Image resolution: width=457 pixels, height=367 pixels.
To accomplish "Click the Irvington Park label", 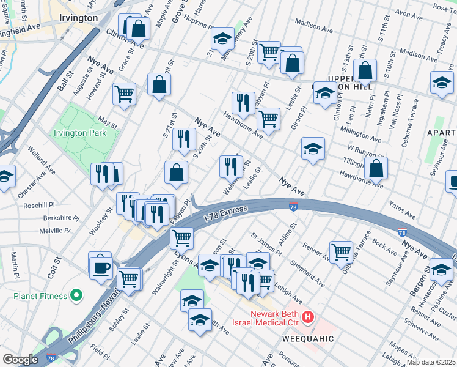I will [79, 133].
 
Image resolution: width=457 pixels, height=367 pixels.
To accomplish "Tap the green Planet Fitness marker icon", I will [76, 296].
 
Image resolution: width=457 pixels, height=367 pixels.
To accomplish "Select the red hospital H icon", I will [309, 317].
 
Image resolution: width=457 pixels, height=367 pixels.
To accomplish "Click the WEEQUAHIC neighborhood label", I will [308, 338].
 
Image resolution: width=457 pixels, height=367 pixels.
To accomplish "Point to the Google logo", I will [20, 359].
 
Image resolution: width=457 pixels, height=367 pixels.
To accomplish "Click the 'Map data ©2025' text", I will [431, 362].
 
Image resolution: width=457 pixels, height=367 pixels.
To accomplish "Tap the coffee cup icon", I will [101, 267].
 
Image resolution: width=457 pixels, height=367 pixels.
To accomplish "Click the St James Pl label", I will [266, 243].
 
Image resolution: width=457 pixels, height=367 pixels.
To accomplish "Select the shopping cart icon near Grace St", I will [124, 94].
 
